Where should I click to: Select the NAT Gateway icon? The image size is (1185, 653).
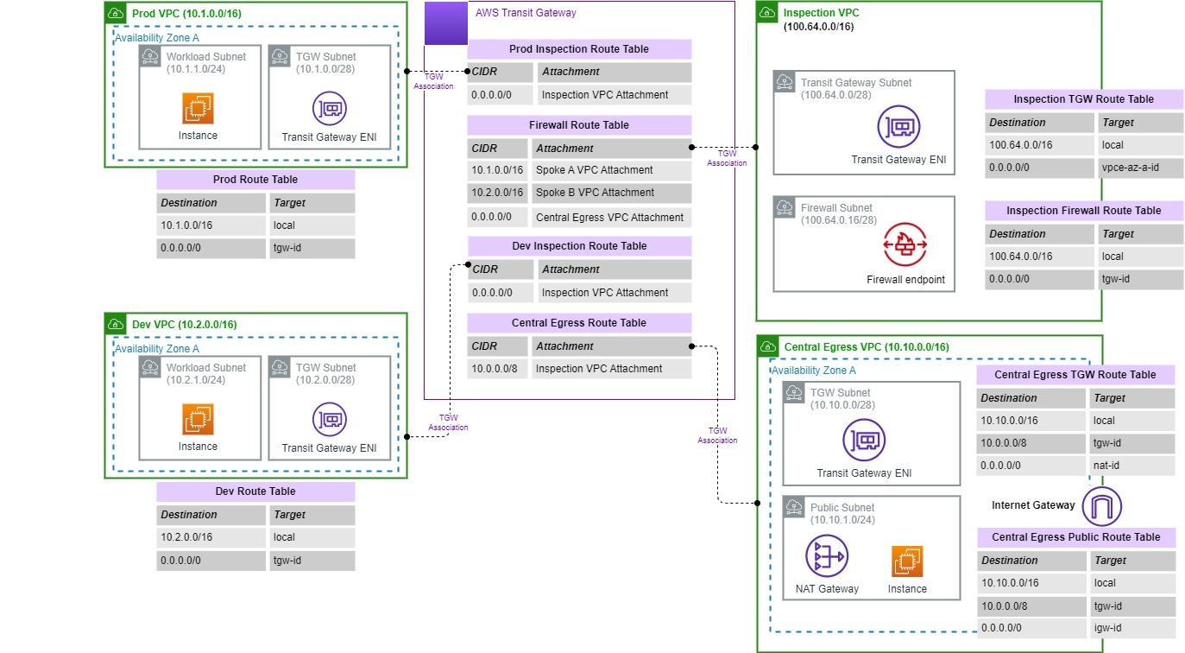click(x=826, y=557)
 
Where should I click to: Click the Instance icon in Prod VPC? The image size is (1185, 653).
click(x=198, y=109)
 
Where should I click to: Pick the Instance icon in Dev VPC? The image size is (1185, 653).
click(x=198, y=420)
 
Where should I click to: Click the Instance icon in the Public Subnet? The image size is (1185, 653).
click(x=907, y=561)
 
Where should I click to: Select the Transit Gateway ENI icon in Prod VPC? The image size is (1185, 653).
click(x=329, y=109)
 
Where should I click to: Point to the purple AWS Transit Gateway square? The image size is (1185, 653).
click(x=445, y=23)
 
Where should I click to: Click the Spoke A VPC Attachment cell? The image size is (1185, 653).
click(x=611, y=170)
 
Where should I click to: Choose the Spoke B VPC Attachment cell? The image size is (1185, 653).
click(x=611, y=193)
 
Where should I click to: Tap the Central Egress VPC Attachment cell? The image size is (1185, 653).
click(x=611, y=218)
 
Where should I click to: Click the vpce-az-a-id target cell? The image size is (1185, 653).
click(x=1139, y=168)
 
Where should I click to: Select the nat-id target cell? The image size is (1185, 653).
click(x=1131, y=466)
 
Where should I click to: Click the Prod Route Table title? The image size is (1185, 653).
click(x=255, y=180)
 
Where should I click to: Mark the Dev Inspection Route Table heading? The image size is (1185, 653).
click(x=579, y=246)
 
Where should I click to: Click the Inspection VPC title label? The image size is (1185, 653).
click(x=821, y=13)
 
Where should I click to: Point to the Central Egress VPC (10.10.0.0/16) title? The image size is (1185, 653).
click(x=867, y=347)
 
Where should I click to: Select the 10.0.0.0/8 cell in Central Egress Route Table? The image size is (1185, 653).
click(x=496, y=369)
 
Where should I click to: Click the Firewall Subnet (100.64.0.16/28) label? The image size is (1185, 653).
click(x=837, y=214)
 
